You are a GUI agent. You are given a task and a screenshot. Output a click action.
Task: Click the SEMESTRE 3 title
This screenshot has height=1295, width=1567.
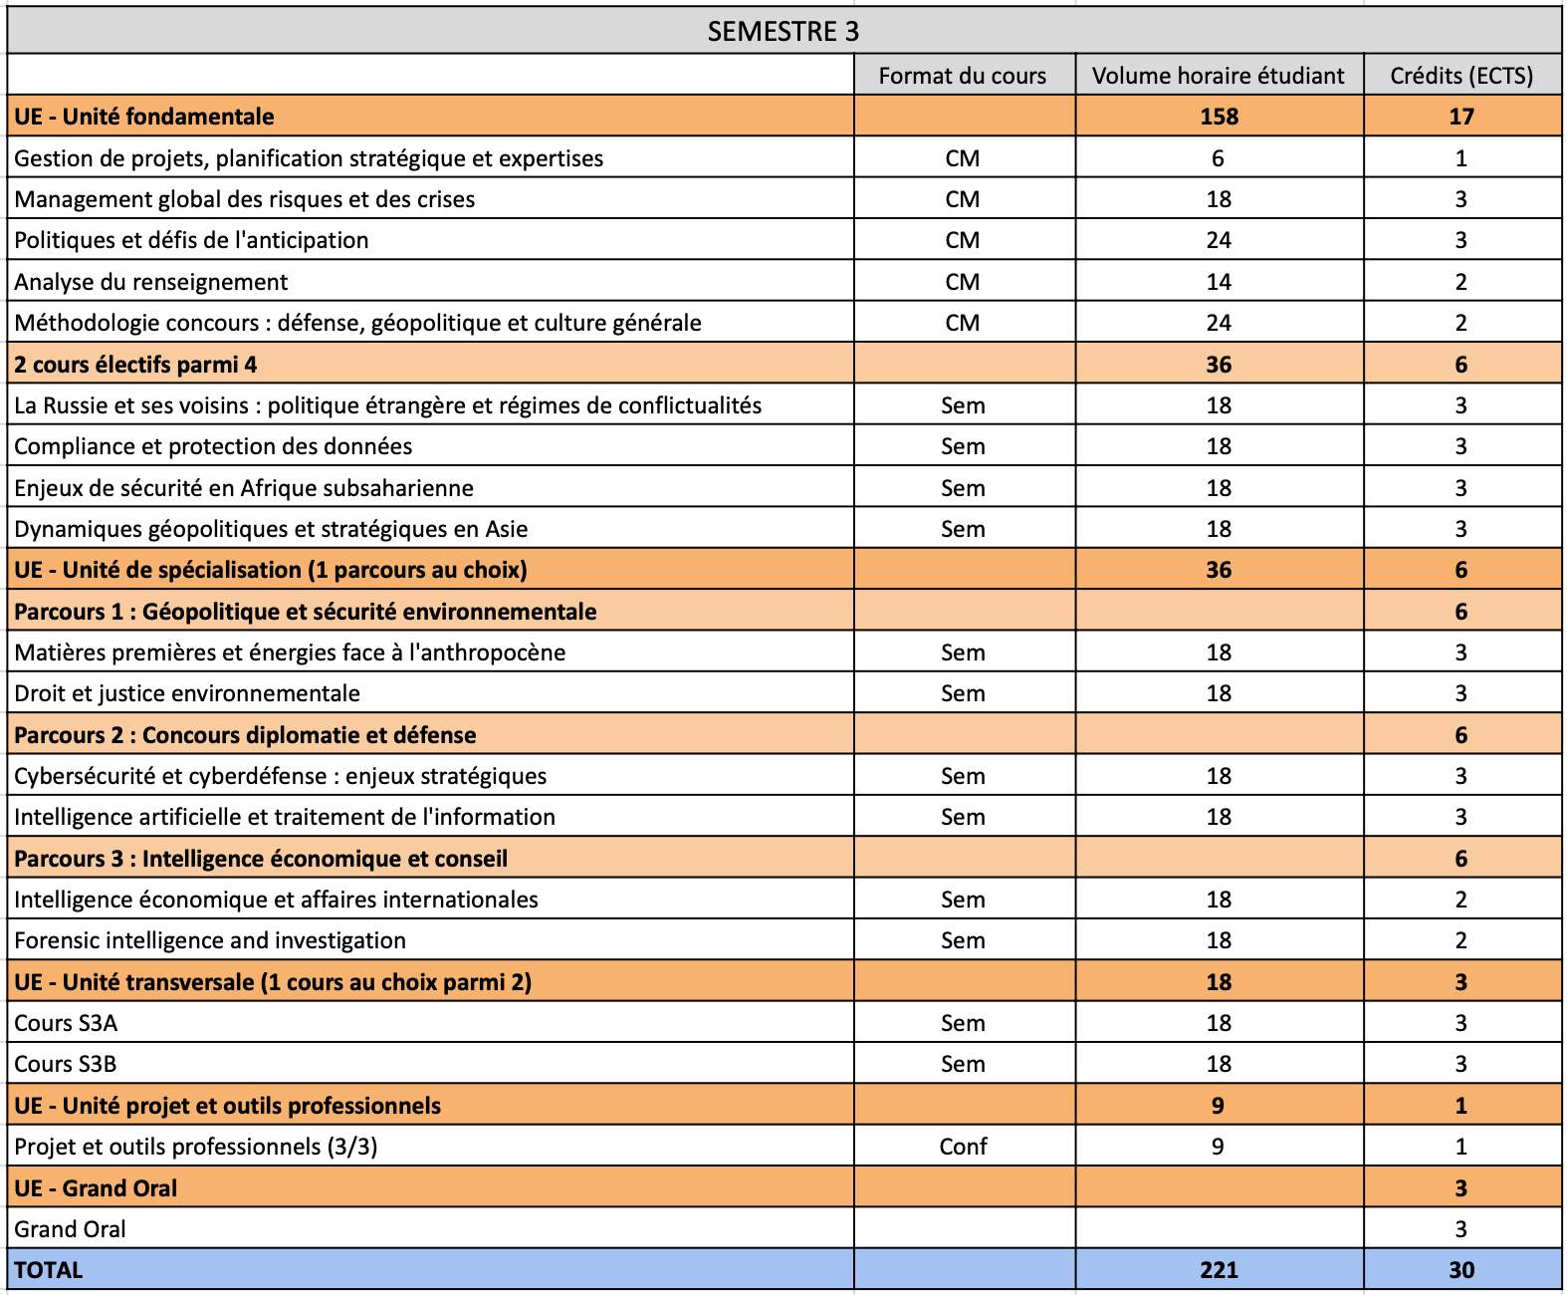(x=783, y=31)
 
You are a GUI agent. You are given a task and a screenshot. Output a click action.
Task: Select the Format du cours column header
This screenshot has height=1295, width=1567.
(x=962, y=76)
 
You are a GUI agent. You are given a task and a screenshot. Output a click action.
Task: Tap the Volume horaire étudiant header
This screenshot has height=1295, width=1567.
(x=1218, y=76)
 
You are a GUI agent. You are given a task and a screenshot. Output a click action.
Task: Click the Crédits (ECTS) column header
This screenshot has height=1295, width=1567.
(x=1460, y=76)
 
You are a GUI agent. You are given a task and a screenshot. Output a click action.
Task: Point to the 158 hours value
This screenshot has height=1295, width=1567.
(x=1219, y=117)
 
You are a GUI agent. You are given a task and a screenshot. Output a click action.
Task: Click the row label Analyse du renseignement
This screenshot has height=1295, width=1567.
(x=151, y=282)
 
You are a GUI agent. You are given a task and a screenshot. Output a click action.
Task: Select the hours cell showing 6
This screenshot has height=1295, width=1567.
(x=1218, y=158)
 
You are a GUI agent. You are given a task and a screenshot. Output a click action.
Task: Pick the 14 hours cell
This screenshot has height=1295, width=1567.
(x=1219, y=282)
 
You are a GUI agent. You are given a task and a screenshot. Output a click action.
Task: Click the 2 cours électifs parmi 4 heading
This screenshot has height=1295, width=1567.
(x=135, y=365)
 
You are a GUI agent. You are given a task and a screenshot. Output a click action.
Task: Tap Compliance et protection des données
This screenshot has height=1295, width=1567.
(x=213, y=446)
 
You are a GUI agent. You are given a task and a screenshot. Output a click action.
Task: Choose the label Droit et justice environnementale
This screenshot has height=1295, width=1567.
(x=187, y=693)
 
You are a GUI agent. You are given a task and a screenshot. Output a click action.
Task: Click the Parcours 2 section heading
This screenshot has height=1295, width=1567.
(x=245, y=735)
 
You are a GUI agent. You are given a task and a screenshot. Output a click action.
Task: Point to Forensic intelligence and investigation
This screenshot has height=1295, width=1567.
(x=210, y=940)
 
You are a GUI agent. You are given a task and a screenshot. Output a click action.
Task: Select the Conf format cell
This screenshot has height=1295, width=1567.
(x=963, y=1147)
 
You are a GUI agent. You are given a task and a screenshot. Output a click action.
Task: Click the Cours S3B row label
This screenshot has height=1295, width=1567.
(x=66, y=1064)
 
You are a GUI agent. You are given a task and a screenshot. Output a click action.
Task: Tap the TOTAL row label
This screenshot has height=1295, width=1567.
(x=49, y=1270)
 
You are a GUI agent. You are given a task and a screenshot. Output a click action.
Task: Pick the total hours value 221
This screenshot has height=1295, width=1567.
(x=1219, y=1270)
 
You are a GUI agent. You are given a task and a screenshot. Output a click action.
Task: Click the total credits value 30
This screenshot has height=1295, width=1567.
(x=1460, y=1270)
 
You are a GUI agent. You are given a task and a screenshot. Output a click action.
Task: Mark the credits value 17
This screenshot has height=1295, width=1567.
(x=1460, y=117)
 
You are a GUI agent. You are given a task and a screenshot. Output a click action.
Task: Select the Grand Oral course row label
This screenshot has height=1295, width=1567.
(x=70, y=1229)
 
